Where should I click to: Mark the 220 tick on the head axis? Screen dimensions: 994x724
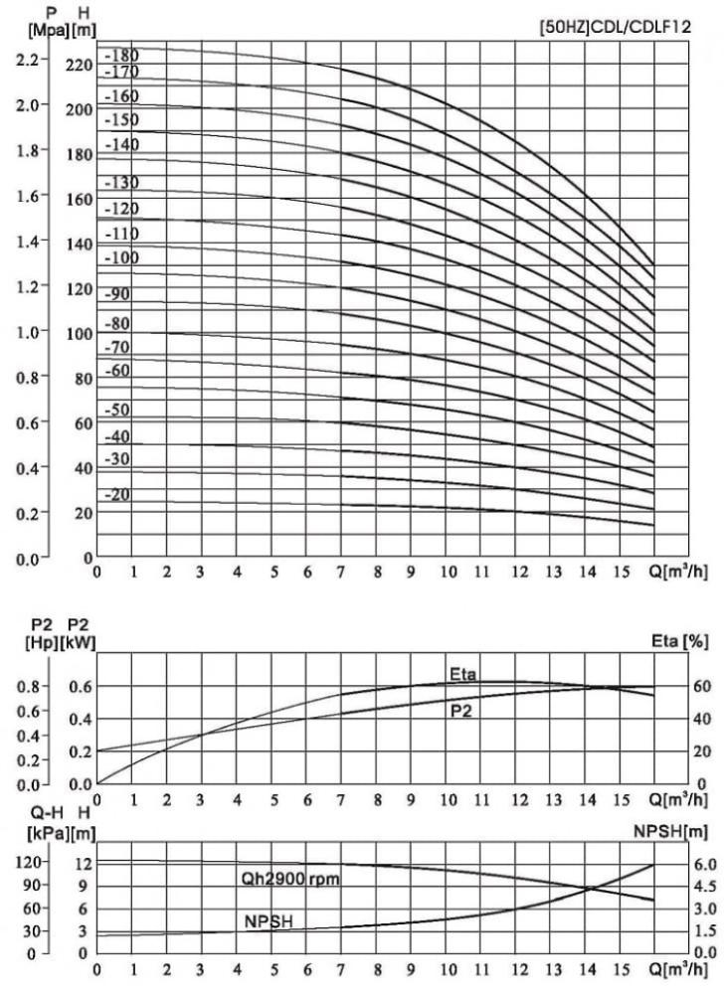click(80, 67)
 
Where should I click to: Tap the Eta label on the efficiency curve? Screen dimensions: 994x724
click(462, 675)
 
